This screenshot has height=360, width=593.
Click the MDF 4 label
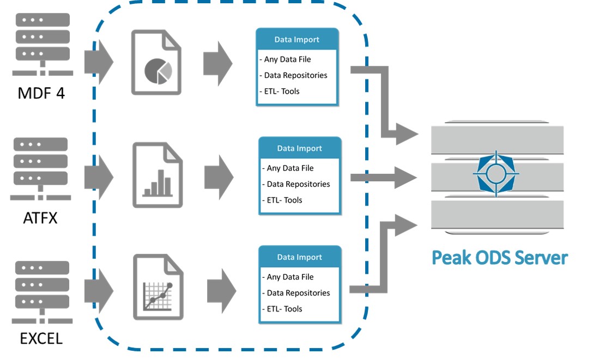coord(41,93)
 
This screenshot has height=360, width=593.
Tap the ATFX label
coord(40,218)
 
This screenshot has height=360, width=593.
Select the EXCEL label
coord(41,339)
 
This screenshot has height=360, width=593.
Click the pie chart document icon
coord(156,63)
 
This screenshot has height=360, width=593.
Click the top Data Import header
coord(297,39)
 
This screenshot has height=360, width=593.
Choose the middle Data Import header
coord(299,148)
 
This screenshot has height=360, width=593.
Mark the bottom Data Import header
coord(299,257)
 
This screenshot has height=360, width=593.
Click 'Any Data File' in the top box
coord(288,59)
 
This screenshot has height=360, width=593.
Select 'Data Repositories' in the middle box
coord(298,184)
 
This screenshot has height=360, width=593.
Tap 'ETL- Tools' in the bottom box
coord(285,309)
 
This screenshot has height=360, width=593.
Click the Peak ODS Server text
coord(499,257)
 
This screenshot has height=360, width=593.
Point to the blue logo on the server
coord(496,173)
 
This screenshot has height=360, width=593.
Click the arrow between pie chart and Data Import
coord(218,63)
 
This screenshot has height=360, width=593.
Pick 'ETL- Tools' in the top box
coord(282,91)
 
